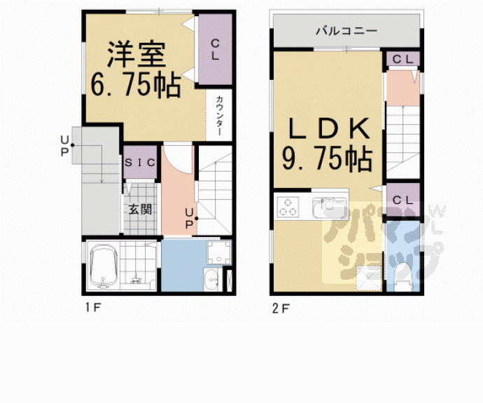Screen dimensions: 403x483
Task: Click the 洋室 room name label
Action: click(x=136, y=54)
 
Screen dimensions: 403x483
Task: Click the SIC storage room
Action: click(x=139, y=163)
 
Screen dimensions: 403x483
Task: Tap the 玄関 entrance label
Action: click(x=139, y=208)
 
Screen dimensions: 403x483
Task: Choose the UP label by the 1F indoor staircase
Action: click(x=189, y=219)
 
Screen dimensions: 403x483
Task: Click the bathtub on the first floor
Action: click(x=103, y=266)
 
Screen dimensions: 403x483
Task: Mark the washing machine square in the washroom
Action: click(x=220, y=253)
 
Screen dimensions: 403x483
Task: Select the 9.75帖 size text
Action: click(x=326, y=160)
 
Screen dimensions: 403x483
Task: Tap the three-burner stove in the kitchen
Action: click(x=288, y=207)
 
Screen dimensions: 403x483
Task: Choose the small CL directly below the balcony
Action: click(x=402, y=59)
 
